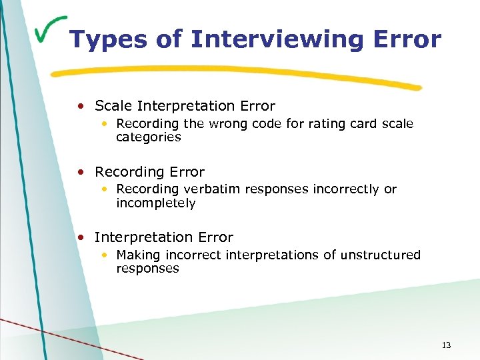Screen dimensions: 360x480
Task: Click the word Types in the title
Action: (107, 39)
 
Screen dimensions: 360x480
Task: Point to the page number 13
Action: (446, 345)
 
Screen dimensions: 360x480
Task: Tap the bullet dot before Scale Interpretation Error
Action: (81, 106)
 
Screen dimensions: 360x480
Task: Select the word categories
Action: (148, 137)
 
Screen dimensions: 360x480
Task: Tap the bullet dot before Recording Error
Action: (81, 172)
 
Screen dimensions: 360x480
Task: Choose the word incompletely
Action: (155, 203)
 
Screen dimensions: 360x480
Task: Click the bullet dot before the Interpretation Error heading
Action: (81, 237)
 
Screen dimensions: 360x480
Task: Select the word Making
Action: (138, 255)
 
